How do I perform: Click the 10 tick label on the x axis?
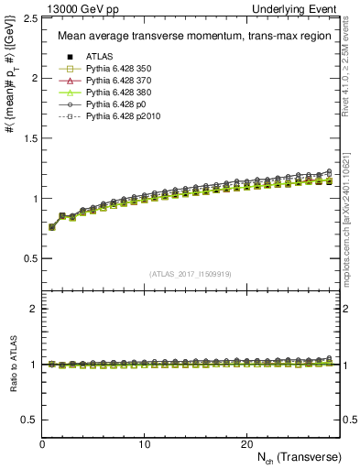pos(145,443)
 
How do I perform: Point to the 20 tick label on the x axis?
pos(246,443)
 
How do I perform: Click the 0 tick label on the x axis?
pos(43,443)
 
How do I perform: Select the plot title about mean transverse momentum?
pos(189,37)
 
